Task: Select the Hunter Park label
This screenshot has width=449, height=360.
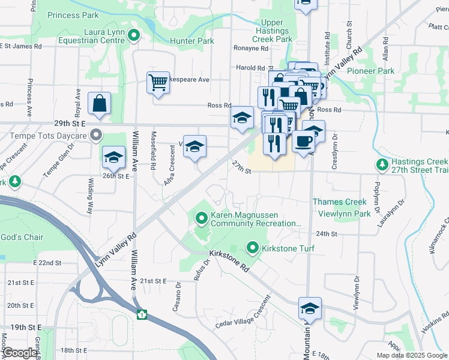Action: coord(192,41)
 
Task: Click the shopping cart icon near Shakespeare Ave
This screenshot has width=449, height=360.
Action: coord(158,83)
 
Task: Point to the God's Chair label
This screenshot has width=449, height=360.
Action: coord(22,237)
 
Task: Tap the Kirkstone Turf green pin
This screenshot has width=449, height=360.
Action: coord(253,247)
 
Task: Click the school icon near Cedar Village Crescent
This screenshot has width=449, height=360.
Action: coord(310,309)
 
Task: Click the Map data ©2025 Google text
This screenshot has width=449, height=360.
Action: coord(411,355)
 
